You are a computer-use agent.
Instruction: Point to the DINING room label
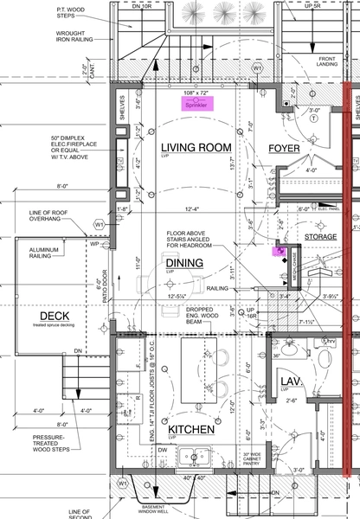click(x=185, y=262)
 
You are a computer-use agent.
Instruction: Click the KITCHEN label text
click(x=191, y=429)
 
